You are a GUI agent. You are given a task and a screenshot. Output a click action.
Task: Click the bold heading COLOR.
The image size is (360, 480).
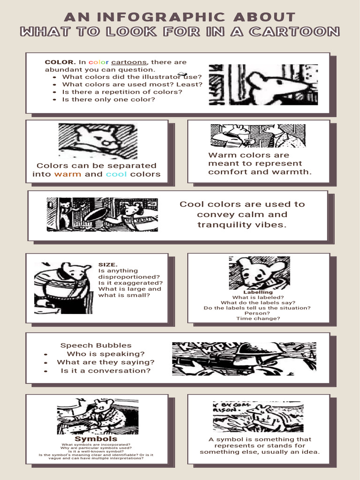pos(60,62)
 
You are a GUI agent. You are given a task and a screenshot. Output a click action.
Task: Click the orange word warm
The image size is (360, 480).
pos(67,174)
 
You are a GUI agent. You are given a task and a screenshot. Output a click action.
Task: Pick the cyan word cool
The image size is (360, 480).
pos(117,174)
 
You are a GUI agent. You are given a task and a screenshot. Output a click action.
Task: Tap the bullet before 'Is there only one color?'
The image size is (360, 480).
pos(55,99)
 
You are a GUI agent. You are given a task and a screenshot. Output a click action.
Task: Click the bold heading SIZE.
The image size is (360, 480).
pos(108,264)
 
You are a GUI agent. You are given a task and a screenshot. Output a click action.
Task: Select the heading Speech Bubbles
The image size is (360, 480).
pos(96,345)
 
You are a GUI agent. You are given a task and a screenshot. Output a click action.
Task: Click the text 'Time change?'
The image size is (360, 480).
pos(258,319)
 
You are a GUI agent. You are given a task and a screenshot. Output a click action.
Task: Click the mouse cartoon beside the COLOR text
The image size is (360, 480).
pos(263,84)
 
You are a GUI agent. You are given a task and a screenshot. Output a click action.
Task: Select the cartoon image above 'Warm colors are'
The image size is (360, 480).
pos(258,136)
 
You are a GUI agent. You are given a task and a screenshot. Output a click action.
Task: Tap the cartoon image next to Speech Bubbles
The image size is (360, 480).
pos(244,359)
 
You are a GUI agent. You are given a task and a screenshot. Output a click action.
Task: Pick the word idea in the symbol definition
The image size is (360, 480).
pos(310,452)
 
